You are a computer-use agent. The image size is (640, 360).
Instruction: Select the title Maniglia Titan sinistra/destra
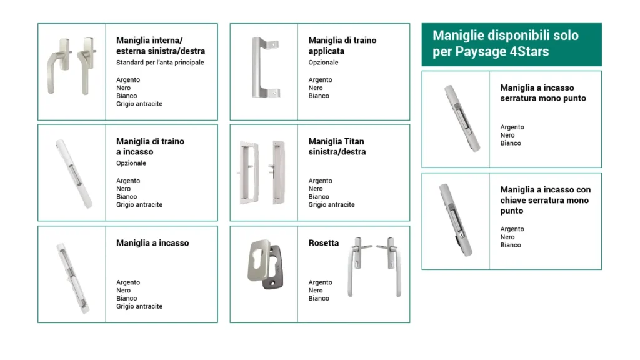(337, 146)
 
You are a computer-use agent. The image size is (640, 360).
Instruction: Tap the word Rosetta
(324, 243)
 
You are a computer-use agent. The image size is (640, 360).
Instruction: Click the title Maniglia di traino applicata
(342, 46)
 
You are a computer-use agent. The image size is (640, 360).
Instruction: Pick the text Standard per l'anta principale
(160, 62)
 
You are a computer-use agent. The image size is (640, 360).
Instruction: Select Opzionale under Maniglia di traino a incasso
(131, 163)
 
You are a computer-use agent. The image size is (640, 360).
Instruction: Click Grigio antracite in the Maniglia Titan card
(331, 205)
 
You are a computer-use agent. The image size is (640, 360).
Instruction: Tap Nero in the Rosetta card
(316, 291)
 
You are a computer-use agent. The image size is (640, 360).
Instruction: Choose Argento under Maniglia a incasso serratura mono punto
(512, 127)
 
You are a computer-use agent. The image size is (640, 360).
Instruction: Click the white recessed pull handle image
(72, 173)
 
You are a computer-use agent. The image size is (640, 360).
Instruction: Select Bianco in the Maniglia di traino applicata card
(319, 96)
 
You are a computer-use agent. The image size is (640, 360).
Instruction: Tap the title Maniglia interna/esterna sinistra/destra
(160, 46)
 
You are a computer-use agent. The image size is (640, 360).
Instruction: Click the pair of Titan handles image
(264, 172)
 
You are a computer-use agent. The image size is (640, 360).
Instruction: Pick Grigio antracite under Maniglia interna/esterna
(139, 104)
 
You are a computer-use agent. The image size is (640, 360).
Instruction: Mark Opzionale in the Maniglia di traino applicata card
(323, 62)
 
